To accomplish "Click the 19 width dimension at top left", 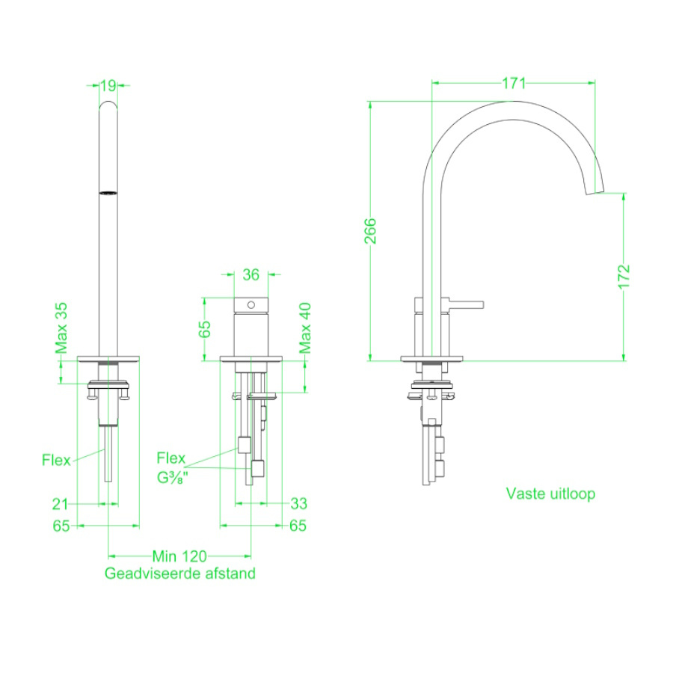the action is (108, 85).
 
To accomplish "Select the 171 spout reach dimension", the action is (514, 83).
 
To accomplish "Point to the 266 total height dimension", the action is (370, 231).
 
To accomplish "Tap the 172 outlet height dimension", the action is (624, 277).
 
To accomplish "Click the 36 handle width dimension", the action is (251, 274).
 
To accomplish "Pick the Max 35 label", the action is (61, 328).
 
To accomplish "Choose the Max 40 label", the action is (305, 328).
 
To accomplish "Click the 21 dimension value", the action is (60, 503).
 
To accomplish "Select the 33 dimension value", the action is (298, 503).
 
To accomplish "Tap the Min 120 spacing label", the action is (179, 556).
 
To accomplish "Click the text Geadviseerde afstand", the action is (179, 574).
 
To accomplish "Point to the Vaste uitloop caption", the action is (550, 494).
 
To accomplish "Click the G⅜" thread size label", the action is (173, 478).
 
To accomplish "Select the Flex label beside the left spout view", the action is (56, 460).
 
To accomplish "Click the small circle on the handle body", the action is (251, 305).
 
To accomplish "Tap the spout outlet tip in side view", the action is (595, 192).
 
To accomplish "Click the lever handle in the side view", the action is (466, 304).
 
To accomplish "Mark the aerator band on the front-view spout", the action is (108, 193).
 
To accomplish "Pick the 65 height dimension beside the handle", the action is (205, 329).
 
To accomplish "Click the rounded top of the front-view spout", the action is (108, 103).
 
